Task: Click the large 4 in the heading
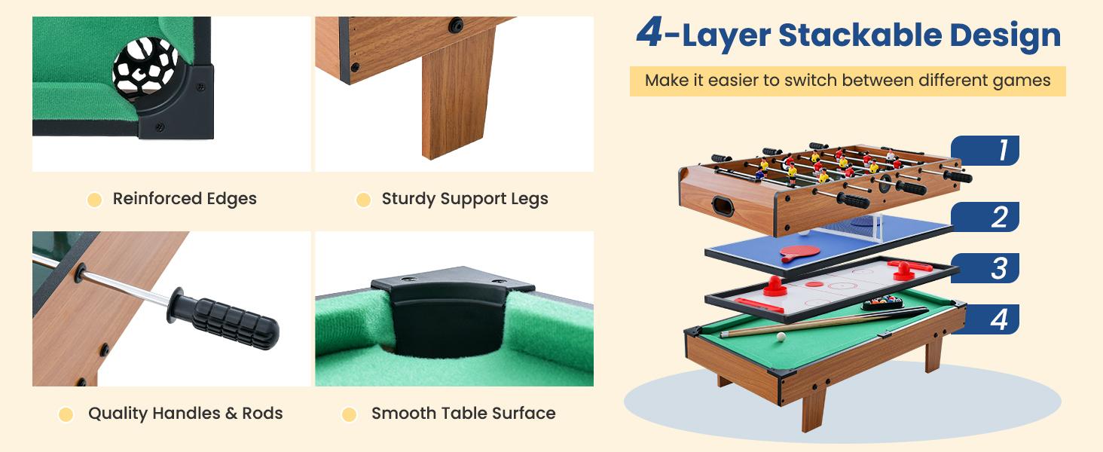(649, 34)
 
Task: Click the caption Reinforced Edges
(185, 199)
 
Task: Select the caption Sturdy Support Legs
(465, 199)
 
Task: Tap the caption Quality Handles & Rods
(185, 413)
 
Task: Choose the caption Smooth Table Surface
(463, 413)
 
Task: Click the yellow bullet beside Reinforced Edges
(94, 200)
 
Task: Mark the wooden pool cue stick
(821, 322)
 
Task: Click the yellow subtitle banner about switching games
(848, 81)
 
